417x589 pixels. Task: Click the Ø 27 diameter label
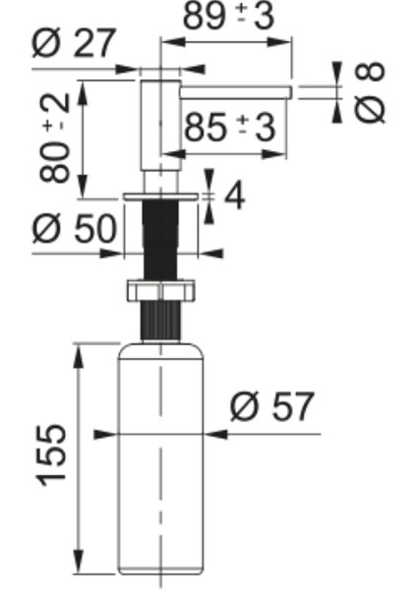point(74,44)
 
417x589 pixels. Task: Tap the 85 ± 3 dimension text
point(229,128)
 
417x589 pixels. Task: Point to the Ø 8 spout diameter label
point(371,92)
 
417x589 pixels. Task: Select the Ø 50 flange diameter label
point(74,229)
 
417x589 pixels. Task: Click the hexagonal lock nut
point(159,291)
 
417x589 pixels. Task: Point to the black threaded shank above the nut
point(159,241)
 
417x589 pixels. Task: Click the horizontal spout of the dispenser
point(236,91)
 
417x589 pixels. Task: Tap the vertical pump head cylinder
point(159,128)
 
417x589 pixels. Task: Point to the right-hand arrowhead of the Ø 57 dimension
point(206,433)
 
